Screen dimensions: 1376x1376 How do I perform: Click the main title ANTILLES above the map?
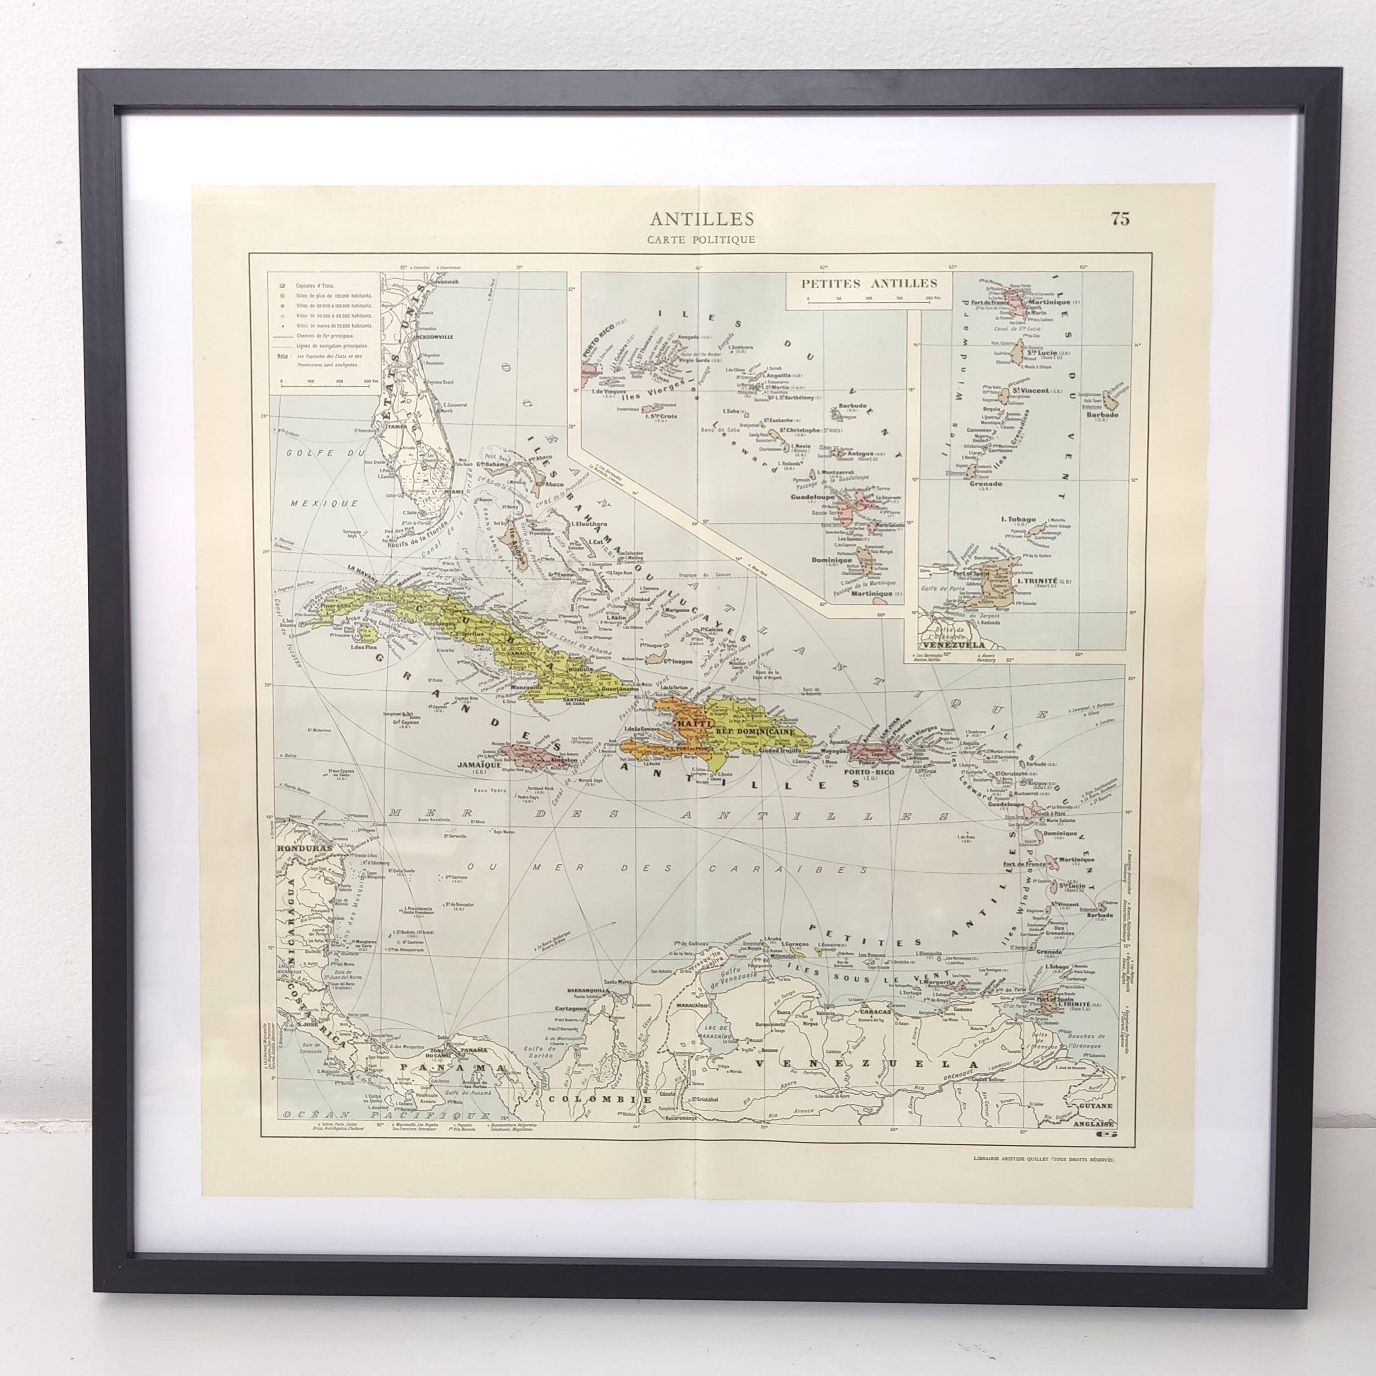(702, 218)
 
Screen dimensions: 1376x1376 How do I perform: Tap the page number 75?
(1120, 219)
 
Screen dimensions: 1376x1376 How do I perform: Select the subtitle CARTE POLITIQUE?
(702, 240)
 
